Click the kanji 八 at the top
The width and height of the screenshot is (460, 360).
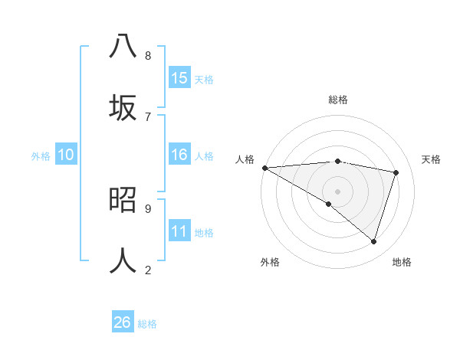pyautogui.click(x=123, y=46)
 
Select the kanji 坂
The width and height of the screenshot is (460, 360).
pyautogui.click(x=123, y=107)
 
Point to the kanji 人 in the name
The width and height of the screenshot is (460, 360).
pyautogui.click(x=123, y=260)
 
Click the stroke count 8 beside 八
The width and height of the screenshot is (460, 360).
pyautogui.click(x=148, y=56)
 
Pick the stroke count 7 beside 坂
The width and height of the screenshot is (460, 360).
pyautogui.click(x=148, y=116)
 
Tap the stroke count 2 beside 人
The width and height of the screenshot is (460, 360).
pyautogui.click(x=148, y=270)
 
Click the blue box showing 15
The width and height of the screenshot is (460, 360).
pyautogui.click(x=179, y=78)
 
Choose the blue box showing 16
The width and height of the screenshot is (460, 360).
pyautogui.click(x=179, y=155)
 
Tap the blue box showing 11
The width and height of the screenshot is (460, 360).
pyautogui.click(x=179, y=231)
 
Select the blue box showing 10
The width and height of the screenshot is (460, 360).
pyautogui.click(x=66, y=155)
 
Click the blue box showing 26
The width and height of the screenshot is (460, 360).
pyautogui.click(x=123, y=322)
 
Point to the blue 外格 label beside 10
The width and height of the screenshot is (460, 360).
pyautogui.click(x=41, y=156)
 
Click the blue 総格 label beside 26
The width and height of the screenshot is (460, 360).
pyautogui.click(x=147, y=324)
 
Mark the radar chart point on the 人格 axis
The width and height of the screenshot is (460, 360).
pyautogui.click(x=264, y=168)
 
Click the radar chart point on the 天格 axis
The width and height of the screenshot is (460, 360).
pyautogui.click(x=396, y=172)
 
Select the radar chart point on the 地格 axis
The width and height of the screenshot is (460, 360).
pyautogui.click(x=373, y=242)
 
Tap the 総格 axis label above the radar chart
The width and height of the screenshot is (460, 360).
pyautogui.click(x=338, y=100)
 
